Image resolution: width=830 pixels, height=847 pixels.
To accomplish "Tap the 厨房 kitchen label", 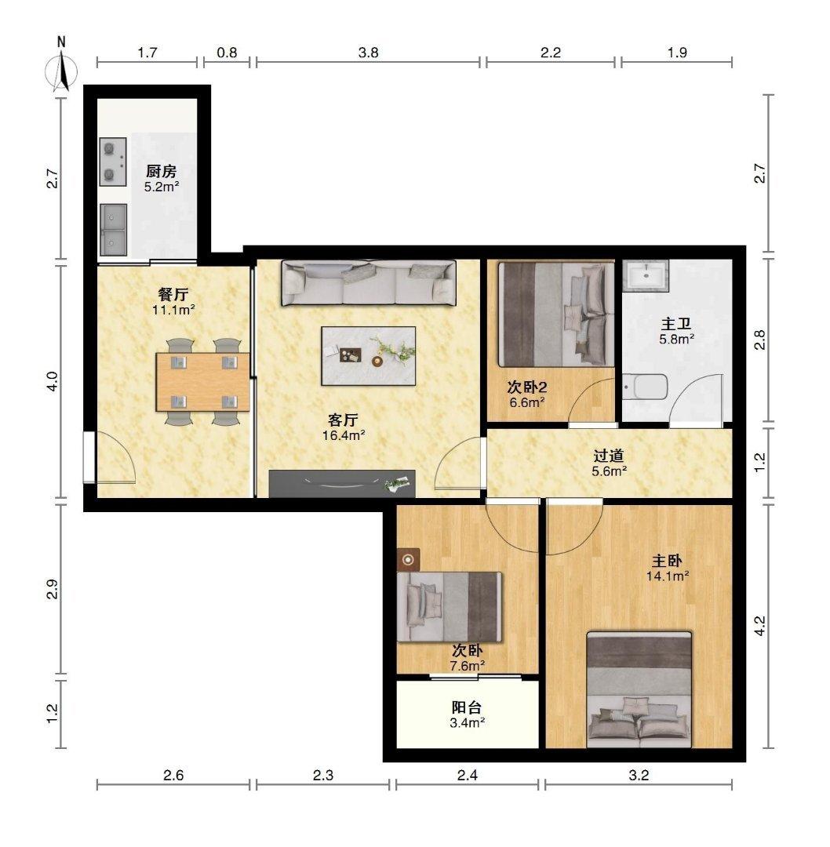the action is [161, 171].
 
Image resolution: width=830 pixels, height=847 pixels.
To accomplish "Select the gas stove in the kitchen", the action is [113, 162].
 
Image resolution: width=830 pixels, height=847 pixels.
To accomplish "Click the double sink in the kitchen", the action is [113, 230].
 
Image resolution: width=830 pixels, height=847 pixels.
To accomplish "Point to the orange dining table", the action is [202, 382].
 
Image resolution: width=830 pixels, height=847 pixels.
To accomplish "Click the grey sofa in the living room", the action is [368, 283].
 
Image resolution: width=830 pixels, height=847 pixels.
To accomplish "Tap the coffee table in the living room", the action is [369, 355].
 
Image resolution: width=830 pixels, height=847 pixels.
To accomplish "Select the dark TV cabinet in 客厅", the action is [342, 483].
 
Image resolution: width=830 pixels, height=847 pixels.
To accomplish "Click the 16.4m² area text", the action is [344, 435].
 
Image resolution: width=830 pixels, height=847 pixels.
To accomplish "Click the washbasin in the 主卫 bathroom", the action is [645, 275].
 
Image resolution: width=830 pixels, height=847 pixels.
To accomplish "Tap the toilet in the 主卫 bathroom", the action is [645, 387].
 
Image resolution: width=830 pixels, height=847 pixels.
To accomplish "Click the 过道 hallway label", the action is [609, 456].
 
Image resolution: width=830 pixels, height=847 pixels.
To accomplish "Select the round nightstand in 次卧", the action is [409, 560].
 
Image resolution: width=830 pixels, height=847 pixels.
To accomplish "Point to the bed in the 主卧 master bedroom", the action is [639, 690].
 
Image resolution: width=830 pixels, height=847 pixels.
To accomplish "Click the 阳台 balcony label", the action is [466, 707].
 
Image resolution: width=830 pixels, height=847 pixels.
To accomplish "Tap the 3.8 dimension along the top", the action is [369, 53].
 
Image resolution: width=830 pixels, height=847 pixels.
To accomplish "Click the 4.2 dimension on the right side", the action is [760, 626].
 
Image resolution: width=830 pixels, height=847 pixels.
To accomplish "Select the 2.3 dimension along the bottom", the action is [323, 776].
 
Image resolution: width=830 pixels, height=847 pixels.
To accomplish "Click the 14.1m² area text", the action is [668, 576].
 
